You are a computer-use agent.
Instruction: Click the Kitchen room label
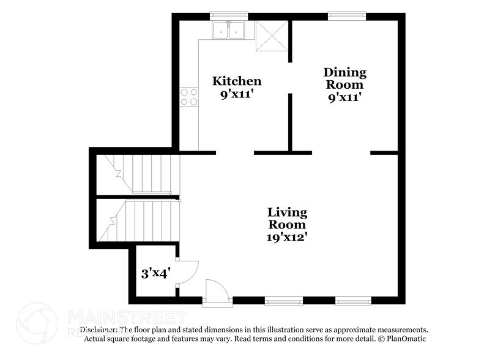[237, 81]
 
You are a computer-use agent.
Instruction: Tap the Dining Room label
[345, 78]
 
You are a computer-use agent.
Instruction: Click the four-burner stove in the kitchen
[189, 97]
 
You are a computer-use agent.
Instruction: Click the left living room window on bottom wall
[283, 300]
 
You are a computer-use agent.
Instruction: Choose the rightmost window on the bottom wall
[353, 300]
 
